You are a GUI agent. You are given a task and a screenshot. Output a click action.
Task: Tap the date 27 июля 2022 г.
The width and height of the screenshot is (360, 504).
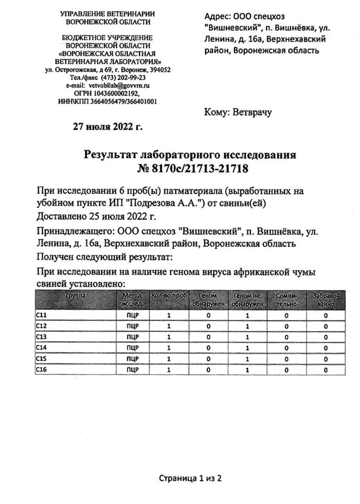click(108, 126)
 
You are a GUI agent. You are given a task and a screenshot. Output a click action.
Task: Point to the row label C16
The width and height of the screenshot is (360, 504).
click(42, 370)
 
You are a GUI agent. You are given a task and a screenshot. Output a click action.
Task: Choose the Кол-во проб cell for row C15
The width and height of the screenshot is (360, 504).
click(169, 359)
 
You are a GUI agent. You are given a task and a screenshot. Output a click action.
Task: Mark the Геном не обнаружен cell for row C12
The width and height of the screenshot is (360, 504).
click(247, 326)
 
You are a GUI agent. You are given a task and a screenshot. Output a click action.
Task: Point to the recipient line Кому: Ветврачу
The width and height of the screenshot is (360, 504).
click(238, 111)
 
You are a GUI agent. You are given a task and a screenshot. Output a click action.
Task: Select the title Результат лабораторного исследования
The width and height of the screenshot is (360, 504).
click(190, 155)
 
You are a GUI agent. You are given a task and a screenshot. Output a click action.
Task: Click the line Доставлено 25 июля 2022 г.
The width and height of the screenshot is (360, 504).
click(97, 215)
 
